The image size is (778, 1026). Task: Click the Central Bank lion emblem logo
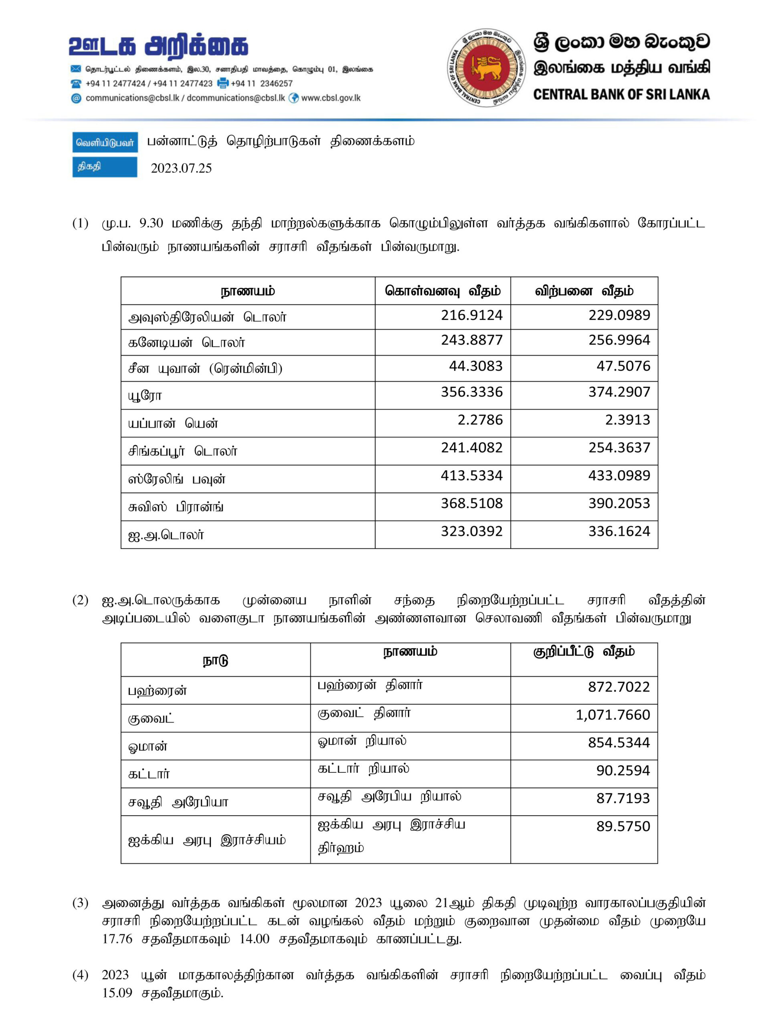486,67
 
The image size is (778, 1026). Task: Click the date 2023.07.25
181,168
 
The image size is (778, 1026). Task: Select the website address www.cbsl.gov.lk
331,98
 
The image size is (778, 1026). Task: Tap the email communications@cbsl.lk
132,98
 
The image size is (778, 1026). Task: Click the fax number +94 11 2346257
262,83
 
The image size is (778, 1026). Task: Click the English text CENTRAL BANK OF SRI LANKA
621,95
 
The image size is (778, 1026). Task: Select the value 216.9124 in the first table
471,315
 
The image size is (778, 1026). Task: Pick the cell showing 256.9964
619,340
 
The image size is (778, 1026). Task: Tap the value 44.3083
475,366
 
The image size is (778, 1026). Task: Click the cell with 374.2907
619,392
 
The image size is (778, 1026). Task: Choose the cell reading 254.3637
619,448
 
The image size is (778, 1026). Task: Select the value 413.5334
471,475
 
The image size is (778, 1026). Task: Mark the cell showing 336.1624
619,531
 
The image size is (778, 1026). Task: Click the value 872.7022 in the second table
619,687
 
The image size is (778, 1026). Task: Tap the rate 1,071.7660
612,715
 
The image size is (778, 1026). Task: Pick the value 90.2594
623,770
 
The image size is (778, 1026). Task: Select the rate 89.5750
623,826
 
